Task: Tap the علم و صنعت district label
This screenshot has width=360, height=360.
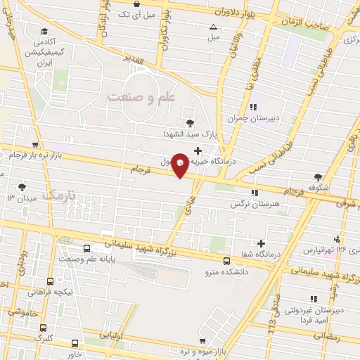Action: [140, 98]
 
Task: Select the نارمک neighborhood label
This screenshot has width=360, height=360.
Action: [59, 195]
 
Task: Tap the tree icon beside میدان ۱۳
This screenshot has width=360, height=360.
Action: [22, 187]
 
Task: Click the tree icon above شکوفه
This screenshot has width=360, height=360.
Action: [319, 176]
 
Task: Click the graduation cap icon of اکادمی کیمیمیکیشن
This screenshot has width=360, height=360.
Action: [44, 30]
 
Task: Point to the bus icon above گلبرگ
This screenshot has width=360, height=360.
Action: [43, 328]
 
